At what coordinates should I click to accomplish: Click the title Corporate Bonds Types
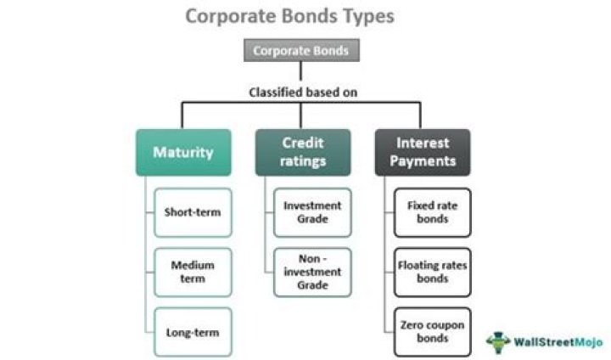(x=289, y=16)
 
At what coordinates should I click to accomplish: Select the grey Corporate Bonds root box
(x=300, y=51)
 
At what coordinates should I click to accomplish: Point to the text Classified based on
(x=301, y=92)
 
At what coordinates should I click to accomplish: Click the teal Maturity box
(x=182, y=153)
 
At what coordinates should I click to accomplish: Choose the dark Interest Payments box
(x=422, y=152)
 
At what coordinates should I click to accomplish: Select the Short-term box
(x=193, y=212)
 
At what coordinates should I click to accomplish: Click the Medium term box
(x=193, y=272)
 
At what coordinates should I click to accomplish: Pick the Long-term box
(x=193, y=331)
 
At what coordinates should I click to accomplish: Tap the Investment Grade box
(x=312, y=212)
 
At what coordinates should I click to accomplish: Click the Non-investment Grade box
(x=312, y=272)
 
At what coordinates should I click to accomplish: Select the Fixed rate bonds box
(x=432, y=212)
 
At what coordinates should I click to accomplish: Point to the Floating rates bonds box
(x=432, y=272)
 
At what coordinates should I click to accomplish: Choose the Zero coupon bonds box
(x=432, y=331)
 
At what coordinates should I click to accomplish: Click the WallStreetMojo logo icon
(x=498, y=341)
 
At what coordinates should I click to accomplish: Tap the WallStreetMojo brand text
(x=556, y=341)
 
